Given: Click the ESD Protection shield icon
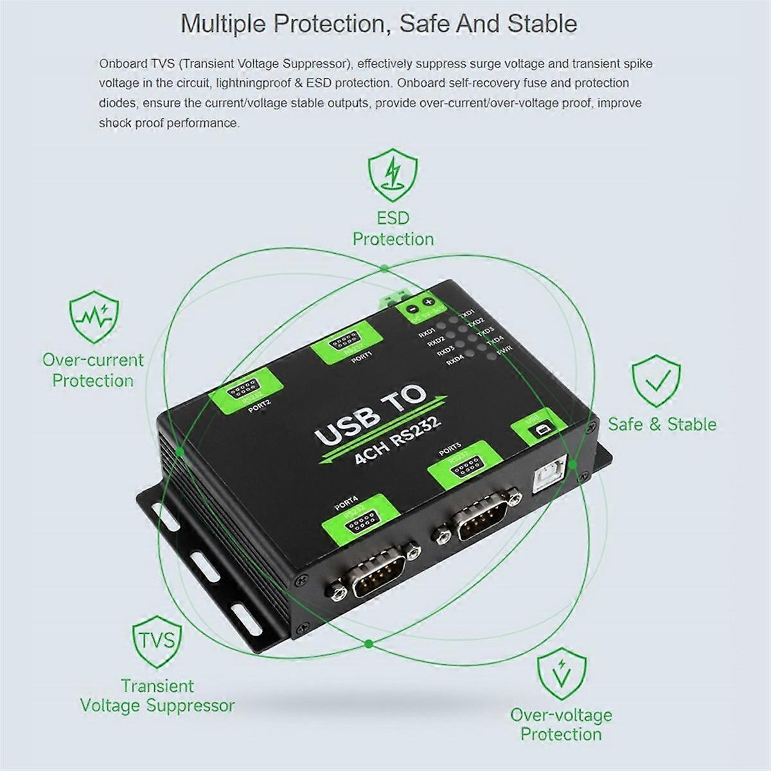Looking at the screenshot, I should click(x=393, y=171).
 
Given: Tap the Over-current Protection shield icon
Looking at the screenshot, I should click(x=93, y=317).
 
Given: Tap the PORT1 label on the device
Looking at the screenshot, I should click(x=362, y=361).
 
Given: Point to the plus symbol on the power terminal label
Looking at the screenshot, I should click(x=429, y=302).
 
